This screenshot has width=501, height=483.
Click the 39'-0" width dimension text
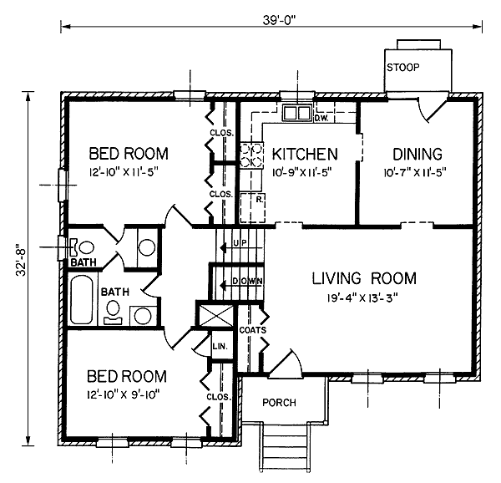[x=280, y=20]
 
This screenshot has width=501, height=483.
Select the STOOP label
[x=403, y=68]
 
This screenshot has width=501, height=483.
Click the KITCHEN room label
[x=305, y=154]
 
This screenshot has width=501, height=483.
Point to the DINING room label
[x=417, y=154]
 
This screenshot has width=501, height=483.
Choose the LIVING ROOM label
[x=364, y=278]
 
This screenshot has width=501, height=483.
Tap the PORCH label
[x=279, y=403]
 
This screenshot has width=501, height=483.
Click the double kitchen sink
[x=297, y=113]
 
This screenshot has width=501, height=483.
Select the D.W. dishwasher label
[x=321, y=119]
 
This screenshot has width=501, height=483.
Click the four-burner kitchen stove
[x=251, y=155]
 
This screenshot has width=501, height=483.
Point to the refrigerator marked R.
[x=253, y=208]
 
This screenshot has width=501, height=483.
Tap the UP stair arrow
[x=240, y=247]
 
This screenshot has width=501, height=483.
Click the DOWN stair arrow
[x=240, y=285]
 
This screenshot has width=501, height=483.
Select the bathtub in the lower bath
[x=82, y=299]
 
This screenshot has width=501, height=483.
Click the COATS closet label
[x=252, y=330]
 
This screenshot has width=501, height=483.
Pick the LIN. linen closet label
[x=220, y=346]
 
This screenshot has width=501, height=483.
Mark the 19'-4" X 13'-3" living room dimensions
[x=362, y=298]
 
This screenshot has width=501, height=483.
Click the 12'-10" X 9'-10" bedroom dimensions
[x=123, y=395]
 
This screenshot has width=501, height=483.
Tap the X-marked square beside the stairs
[x=216, y=316]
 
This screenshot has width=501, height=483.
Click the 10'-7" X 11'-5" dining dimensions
[x=415, y=173]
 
